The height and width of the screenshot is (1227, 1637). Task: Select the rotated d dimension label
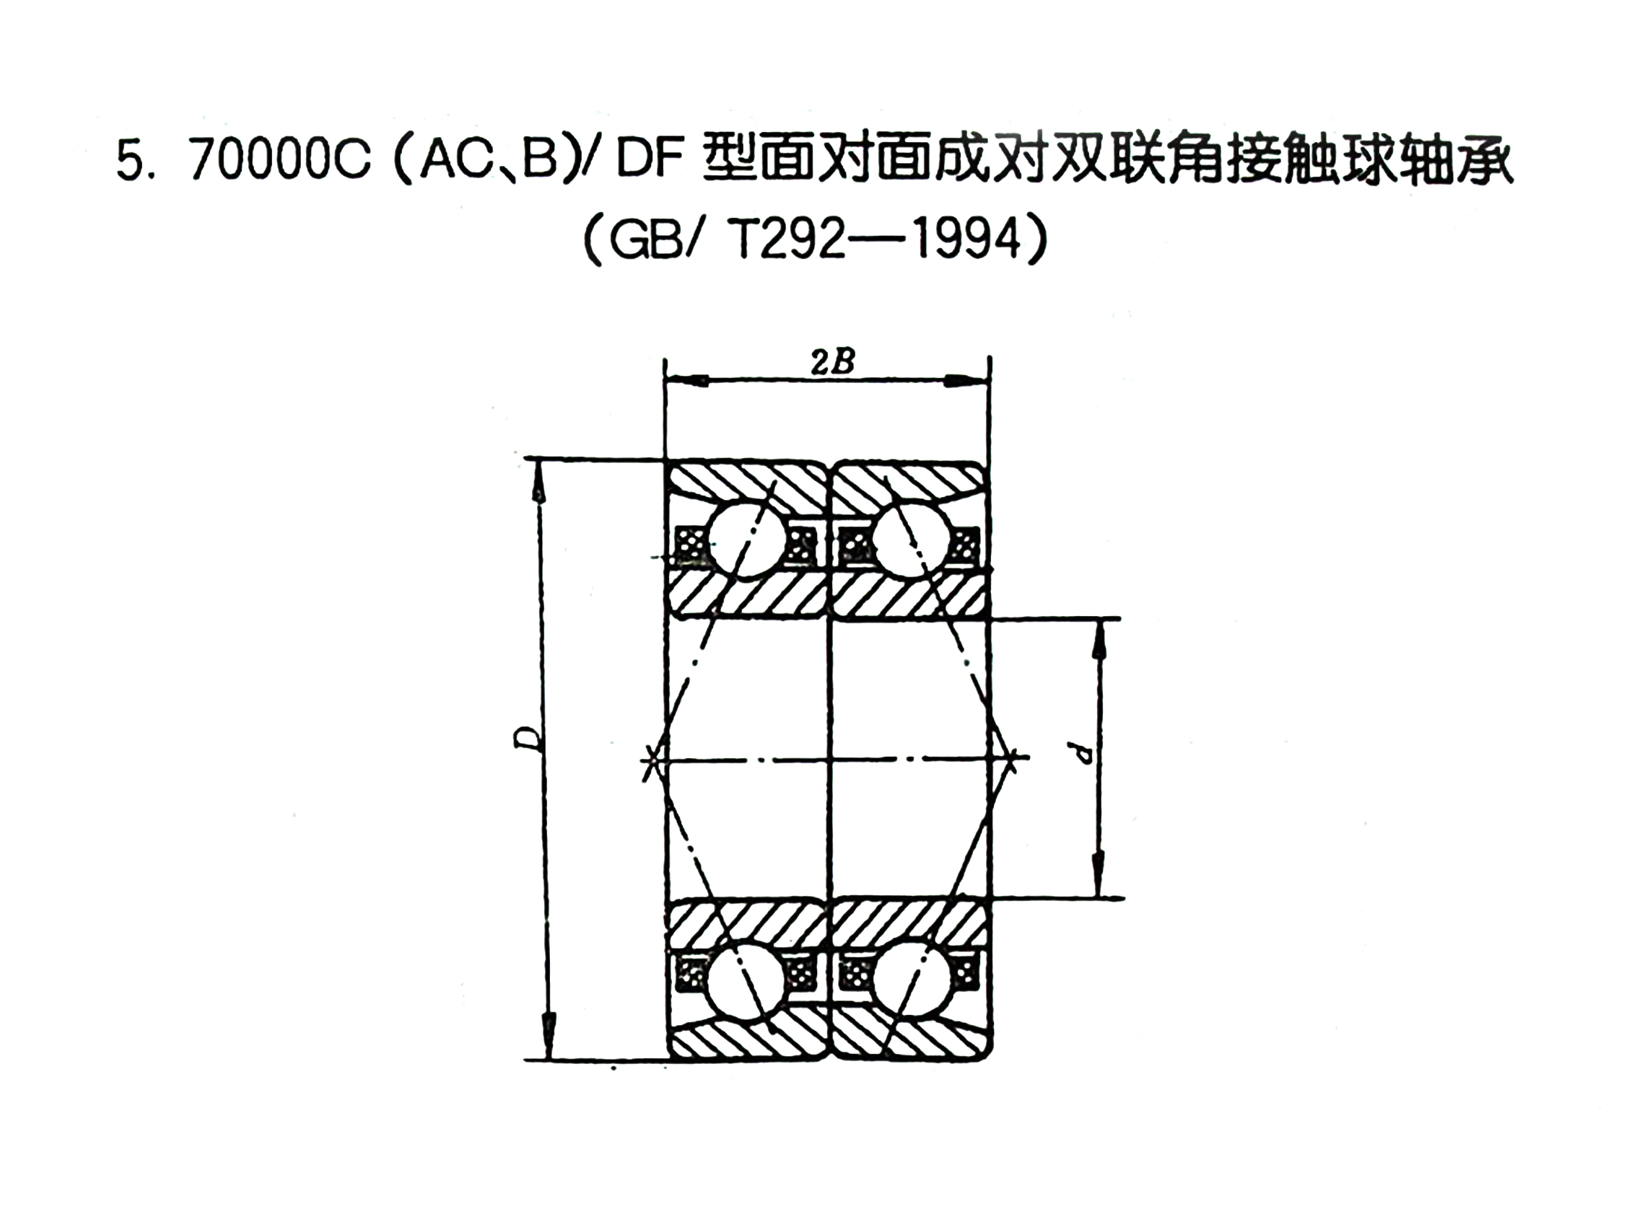[1084, 755]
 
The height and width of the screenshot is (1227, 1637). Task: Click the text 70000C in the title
[280, 162]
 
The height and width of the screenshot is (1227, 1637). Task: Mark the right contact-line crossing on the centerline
[1013, 756]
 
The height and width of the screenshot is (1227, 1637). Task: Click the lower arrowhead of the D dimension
[549, 1039]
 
